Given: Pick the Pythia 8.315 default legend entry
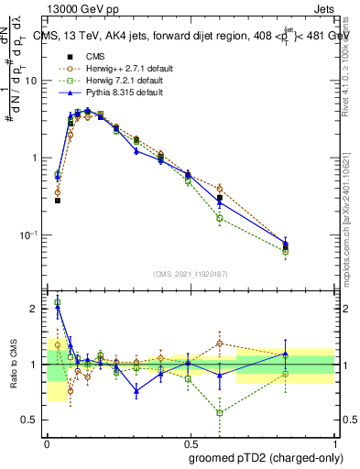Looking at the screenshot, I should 115,93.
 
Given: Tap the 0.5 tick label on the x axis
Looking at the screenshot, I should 191,442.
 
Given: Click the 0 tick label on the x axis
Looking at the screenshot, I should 47,442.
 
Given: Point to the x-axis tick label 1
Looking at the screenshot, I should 334,442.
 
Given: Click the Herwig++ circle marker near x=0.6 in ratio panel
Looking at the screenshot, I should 220,344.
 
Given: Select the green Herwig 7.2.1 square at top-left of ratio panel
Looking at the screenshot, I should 58,302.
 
